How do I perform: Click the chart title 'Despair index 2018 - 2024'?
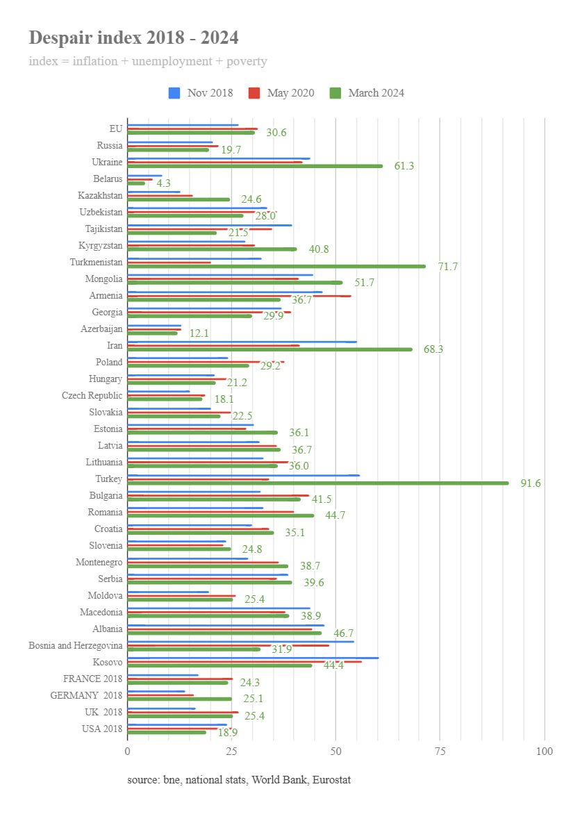pos(133,38)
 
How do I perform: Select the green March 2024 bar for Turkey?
pos(317,483)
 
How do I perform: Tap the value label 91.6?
pos(531,483)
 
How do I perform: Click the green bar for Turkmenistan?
pos(276,266)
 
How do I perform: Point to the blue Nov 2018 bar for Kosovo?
pos(253,657)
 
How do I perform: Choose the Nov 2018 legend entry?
pos(201,93)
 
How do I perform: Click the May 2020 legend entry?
pos(281,93)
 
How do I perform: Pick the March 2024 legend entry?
pos(367,93)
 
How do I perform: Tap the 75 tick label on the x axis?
pos(440,751)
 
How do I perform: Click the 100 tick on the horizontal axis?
pos(545,751)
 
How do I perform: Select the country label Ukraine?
pos(107,163)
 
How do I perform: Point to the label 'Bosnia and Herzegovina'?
pos(75,645)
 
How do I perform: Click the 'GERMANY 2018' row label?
pos(86,695)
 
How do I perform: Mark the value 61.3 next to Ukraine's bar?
pos(404,166)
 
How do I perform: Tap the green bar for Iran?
pos(269,349)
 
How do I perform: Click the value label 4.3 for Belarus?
pos(163,183)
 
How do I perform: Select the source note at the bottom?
pos(239,780)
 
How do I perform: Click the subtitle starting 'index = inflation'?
pos(148,61)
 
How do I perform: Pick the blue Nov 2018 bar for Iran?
pos(242,342)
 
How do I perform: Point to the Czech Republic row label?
pos(92,396)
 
